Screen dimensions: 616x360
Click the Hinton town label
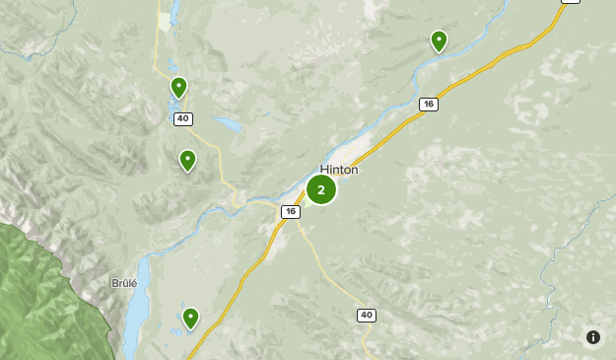[x=339, y=170]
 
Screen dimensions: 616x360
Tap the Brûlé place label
[x=124, y=283]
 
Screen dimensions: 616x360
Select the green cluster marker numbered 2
[x=321, y=189]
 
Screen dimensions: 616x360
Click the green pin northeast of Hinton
[x=439, y=40]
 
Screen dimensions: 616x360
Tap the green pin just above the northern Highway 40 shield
[x=178, y=88]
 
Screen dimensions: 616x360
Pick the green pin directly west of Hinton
[x=187, y=160]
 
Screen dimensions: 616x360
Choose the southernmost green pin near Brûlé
[x=190, y=318]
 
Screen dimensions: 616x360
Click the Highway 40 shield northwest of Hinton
[x=182, y=118]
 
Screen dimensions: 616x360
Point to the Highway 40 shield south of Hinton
[x=367, y=315]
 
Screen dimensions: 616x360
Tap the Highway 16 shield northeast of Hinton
[x=428, y=104]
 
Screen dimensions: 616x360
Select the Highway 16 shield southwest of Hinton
[x=289, y=211]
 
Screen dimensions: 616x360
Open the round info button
[x=592, y=337]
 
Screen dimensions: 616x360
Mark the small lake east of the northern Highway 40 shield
[x=227, y=125]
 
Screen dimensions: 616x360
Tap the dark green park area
[x=39, y=296]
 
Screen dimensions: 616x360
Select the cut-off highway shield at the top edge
[x=570, y=2]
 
